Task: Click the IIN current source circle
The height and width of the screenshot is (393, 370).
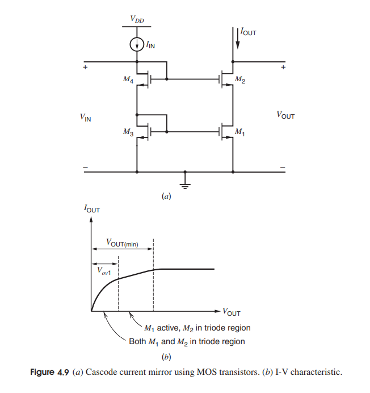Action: (137, 44)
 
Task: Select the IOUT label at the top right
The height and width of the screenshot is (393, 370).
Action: (249, 32)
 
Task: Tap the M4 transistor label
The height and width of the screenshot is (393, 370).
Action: (128, 80)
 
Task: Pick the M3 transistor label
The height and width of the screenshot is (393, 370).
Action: (128, 132)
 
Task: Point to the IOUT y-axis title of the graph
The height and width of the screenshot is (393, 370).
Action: (91, 210)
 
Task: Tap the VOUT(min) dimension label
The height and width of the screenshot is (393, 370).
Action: (122, 244)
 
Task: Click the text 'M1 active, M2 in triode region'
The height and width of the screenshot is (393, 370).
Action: (197, 328)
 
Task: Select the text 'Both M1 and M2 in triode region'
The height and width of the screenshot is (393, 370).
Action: (187, 341)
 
